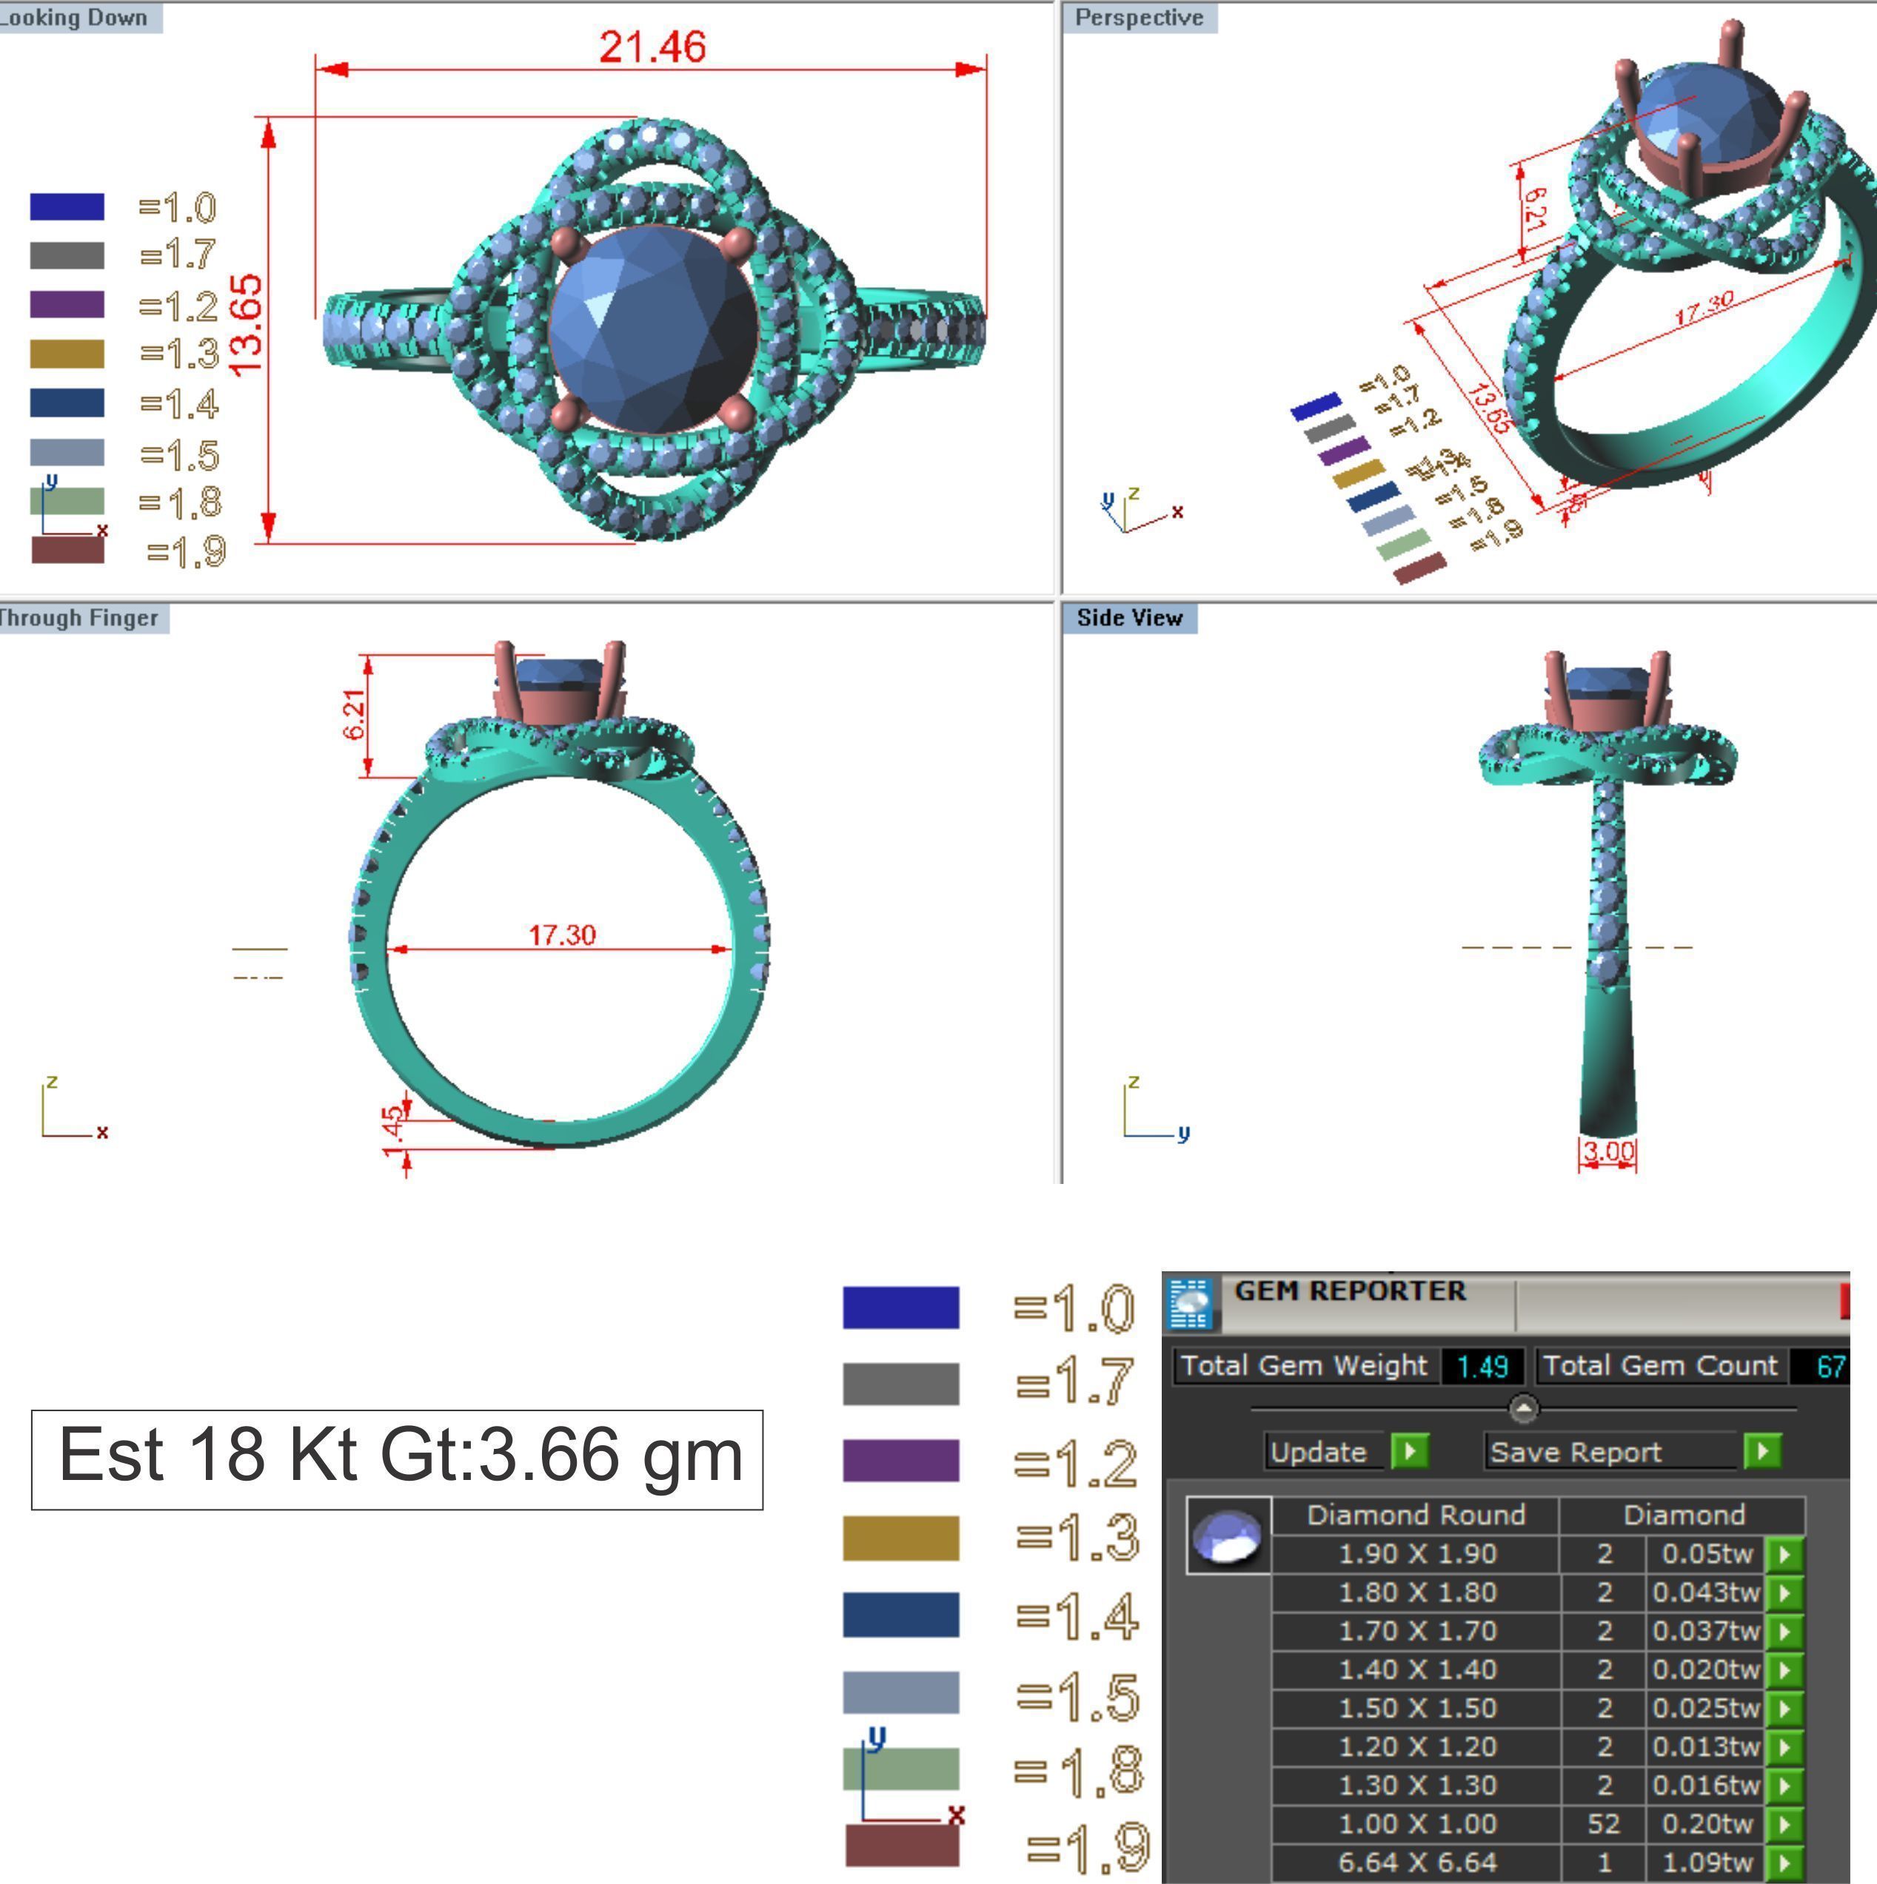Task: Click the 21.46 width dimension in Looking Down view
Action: (652, 47)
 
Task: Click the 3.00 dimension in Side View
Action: (1607, 1151)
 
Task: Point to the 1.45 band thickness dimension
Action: (393, 1131)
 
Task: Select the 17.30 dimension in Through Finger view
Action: (562, 935)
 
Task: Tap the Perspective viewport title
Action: (1139, 18)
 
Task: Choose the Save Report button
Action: (1575, 1452)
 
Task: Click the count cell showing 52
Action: (1603, 1823)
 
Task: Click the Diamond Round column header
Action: (1416, 1515)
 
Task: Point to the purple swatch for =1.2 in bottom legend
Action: (900, 1461)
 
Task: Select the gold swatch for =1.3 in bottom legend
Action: (900, 1538)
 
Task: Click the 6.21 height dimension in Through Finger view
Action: (355, 715)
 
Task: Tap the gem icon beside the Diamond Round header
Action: (1228, 1535)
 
